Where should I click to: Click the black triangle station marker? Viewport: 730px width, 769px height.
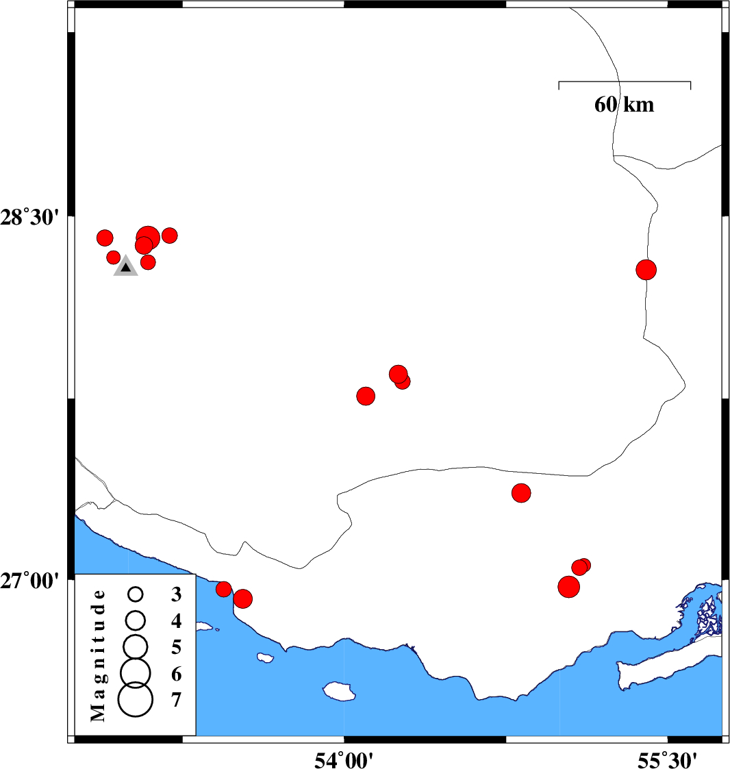pyautogui.click(x=126, y=267)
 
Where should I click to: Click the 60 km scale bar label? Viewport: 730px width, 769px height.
pyautogui.click(x=624, y=105)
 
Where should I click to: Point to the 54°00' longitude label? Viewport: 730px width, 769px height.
pyautogui.click(x=344, y=758)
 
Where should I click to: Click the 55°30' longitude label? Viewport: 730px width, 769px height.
pyautogui.click(x=668, y=758)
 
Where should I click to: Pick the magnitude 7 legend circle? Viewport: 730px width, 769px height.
pyautogui.click(x=135, y=700)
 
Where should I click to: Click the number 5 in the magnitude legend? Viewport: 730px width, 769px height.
pyautogui.click(x=176, y=647)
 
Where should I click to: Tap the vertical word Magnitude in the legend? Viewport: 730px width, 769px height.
pyautogui.click(x=99, y=655)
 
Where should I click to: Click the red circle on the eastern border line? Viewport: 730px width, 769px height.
pyautogui.click(x=646, y=270)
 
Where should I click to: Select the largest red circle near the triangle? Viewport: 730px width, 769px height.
pyautogui.click(x=149, y=238)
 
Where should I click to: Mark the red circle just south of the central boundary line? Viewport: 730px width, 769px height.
pyautogui.click(x=521, y=492)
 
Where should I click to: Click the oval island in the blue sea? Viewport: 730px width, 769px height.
pyautogui.click(x=340, y=691)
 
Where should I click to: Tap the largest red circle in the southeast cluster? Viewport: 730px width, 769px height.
pyautogui.click(x=568, y=586)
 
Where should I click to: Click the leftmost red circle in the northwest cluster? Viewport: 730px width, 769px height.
pyautogui.click(x=105, y=238)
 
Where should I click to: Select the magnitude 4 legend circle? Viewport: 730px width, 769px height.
pyautogui.click(x=136, y=620)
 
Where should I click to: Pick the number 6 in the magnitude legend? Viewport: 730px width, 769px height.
pyautogui.click(x=176, y=675)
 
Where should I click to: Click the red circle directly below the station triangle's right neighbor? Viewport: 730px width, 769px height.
pyautogui.click(x=148, y=262)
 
